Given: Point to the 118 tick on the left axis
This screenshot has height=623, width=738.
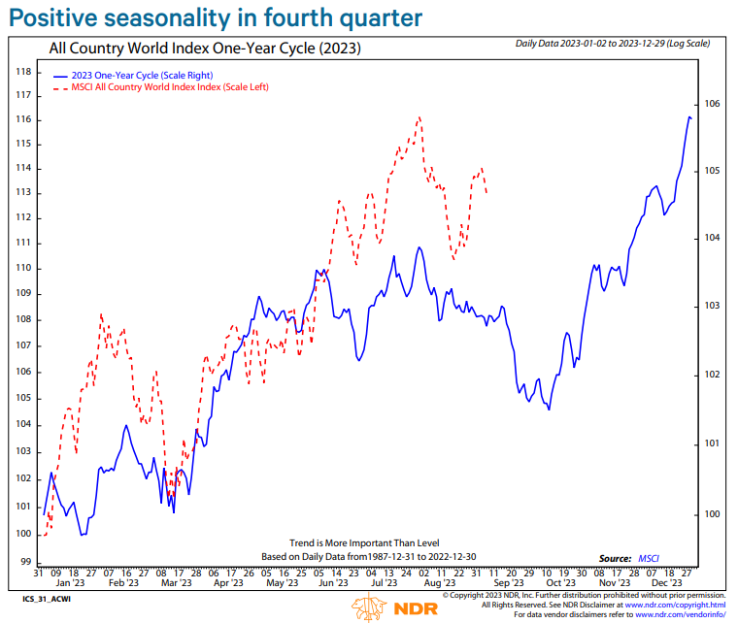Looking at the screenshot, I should [x=25, y=72].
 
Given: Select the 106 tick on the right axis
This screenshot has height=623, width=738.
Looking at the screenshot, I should [x=711, y=103].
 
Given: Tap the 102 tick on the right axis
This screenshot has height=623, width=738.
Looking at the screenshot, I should [x=711, y=375].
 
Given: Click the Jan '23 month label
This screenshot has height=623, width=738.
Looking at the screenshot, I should [x=70, y=584].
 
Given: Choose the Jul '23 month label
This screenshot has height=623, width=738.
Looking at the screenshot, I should [x=386, y=584].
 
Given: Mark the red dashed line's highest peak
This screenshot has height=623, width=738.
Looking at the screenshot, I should [x=419, y=117].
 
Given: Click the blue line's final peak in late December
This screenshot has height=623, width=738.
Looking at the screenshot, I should [x=689, y=117].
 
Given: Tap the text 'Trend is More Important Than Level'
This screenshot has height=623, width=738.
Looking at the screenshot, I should [x=364, y=542].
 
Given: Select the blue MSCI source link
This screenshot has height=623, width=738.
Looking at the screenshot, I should [x=648, y=558].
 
